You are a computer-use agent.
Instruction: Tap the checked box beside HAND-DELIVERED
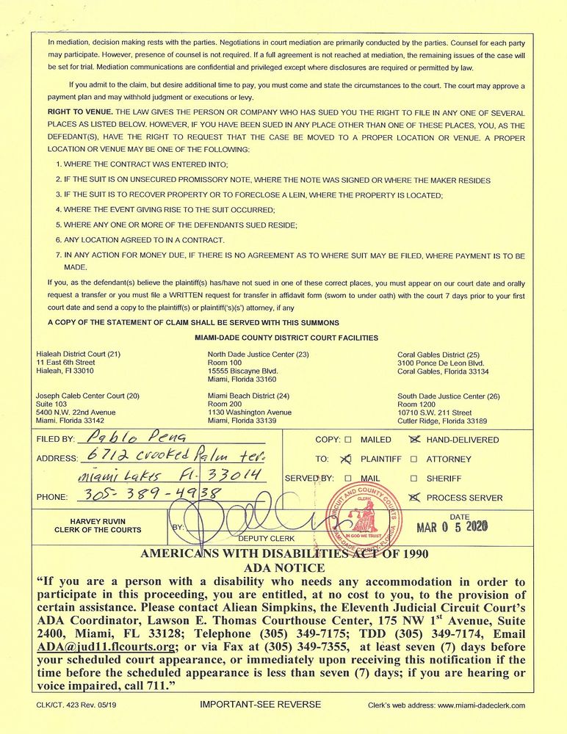414,440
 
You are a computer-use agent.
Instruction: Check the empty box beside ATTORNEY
413,459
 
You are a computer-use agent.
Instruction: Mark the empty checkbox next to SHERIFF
413,478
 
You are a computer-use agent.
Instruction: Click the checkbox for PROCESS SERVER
413,497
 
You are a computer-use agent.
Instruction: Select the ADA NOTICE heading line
283,567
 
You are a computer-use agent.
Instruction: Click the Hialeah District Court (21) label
78,354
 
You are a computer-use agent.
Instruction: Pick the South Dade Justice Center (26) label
448,396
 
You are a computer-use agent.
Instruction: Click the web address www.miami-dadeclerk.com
480,705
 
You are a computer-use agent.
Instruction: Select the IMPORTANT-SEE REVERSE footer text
261,705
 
